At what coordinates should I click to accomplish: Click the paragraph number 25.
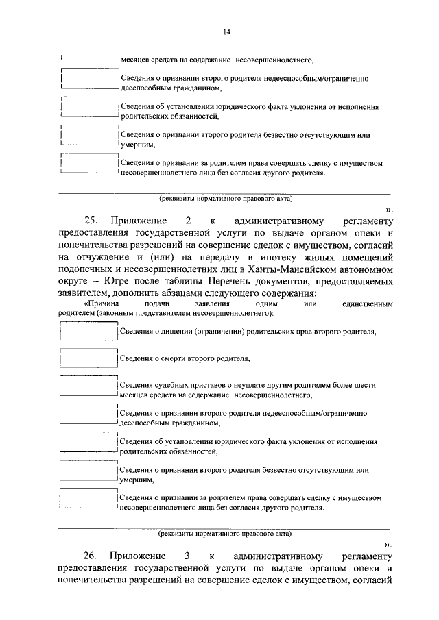(x=92, y=221)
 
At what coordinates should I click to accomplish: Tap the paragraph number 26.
(x=92, y=555)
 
